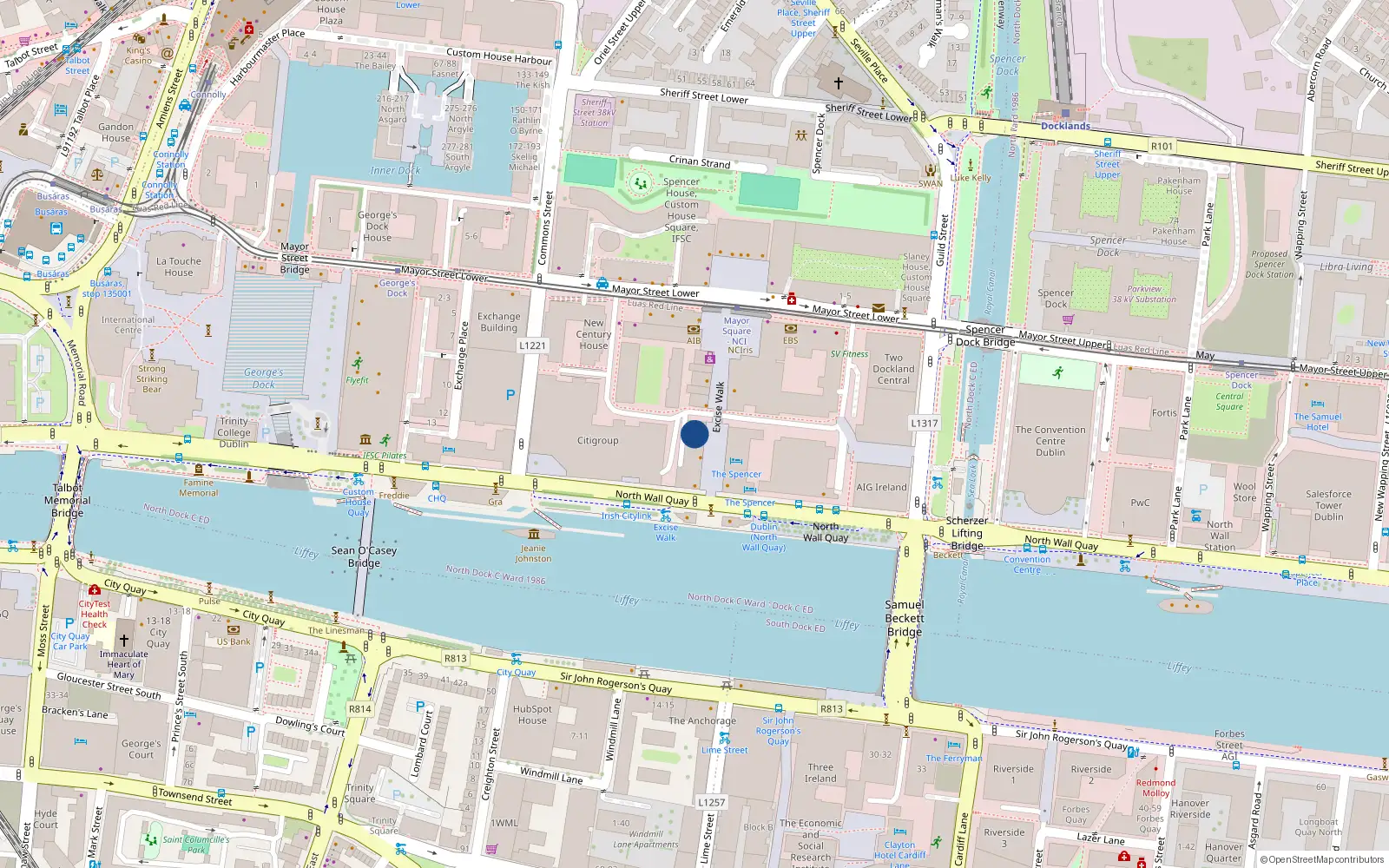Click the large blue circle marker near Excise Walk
click(x=694, y=434)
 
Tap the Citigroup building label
click(x=598, y=441)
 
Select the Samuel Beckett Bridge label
click(x=905, y=618)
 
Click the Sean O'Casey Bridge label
click(x=364, y=556)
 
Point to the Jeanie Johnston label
click(x=533, y=553)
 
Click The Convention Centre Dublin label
click(x=1050, y=441)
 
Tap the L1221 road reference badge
click(x=532, y=345)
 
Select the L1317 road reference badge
click(x=924, y=424)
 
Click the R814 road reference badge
click(x=360, y=709)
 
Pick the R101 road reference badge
click(x=1162, y=147)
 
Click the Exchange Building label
click(x=498, y=322)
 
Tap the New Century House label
click(x=594, y=334)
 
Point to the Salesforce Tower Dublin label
click(x=1328, y=505)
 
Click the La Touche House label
click(x=179, y=266)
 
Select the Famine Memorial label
click(x=199, y=488)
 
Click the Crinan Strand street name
click(x=700, y=161)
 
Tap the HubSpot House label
click(x=532, y=714)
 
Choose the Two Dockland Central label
click(x=893, y=369)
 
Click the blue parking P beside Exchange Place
click(x=510, y=395)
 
